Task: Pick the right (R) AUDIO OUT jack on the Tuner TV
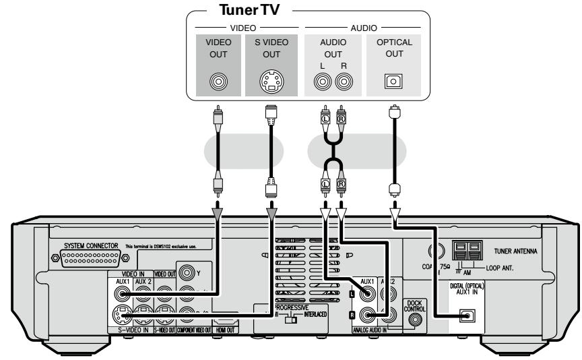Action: tap(344, 82)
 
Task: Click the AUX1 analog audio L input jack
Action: tap(368, 295)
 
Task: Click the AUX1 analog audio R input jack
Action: tap(368, 314)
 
